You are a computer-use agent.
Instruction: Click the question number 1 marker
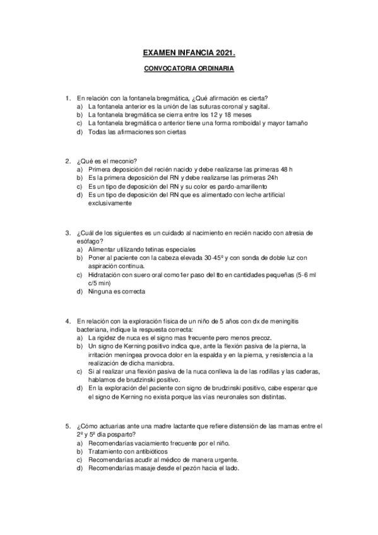point(68,98)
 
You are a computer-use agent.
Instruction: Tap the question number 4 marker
point(68,321)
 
